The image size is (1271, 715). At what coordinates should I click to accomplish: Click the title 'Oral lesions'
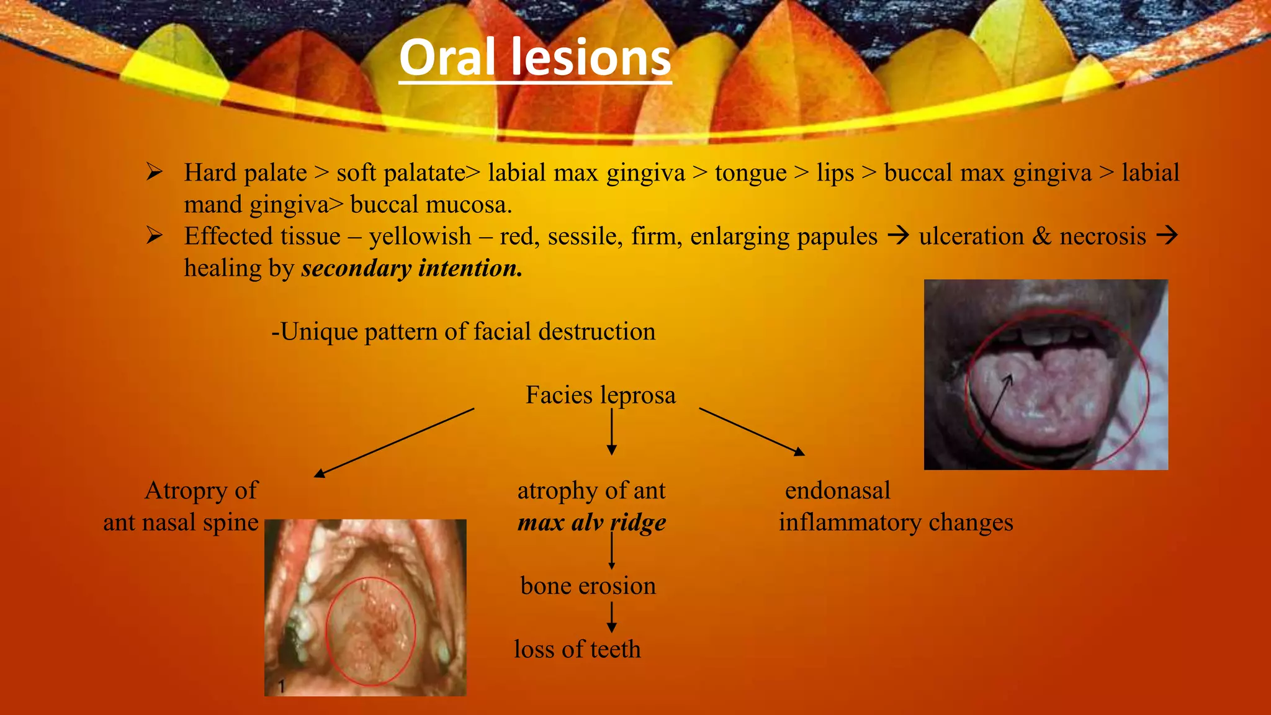tap(535, 57)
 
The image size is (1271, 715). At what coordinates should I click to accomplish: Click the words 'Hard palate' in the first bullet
tap(245, 173)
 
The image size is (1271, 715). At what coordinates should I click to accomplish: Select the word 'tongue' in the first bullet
tap(750, 173)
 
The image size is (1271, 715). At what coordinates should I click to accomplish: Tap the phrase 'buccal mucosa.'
tap(431, 205)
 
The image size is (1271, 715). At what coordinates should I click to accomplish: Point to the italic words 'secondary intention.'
tap(411, 268)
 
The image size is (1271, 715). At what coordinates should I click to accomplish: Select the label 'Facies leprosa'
tap(600, 395)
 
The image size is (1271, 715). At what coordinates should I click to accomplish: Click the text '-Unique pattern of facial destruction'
tap(463, 331)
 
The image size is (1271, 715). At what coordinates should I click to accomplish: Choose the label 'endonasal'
tap(837, 490)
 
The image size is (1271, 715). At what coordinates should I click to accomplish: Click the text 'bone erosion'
tap(588, 586)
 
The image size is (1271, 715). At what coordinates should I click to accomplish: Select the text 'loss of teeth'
tap(577, 649)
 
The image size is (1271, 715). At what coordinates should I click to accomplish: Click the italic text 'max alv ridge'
tap(591, 523)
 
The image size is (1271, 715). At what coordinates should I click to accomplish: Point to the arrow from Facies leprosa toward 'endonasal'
tap(752, 431)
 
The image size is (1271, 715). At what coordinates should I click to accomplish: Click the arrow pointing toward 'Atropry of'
tap(394, 443)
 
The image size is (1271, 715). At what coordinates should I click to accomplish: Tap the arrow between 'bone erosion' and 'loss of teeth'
tap(612, 617)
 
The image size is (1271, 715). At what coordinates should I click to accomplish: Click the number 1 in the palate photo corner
tap(281, 686)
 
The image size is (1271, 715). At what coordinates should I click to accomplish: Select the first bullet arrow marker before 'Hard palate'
tap(154, 172)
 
